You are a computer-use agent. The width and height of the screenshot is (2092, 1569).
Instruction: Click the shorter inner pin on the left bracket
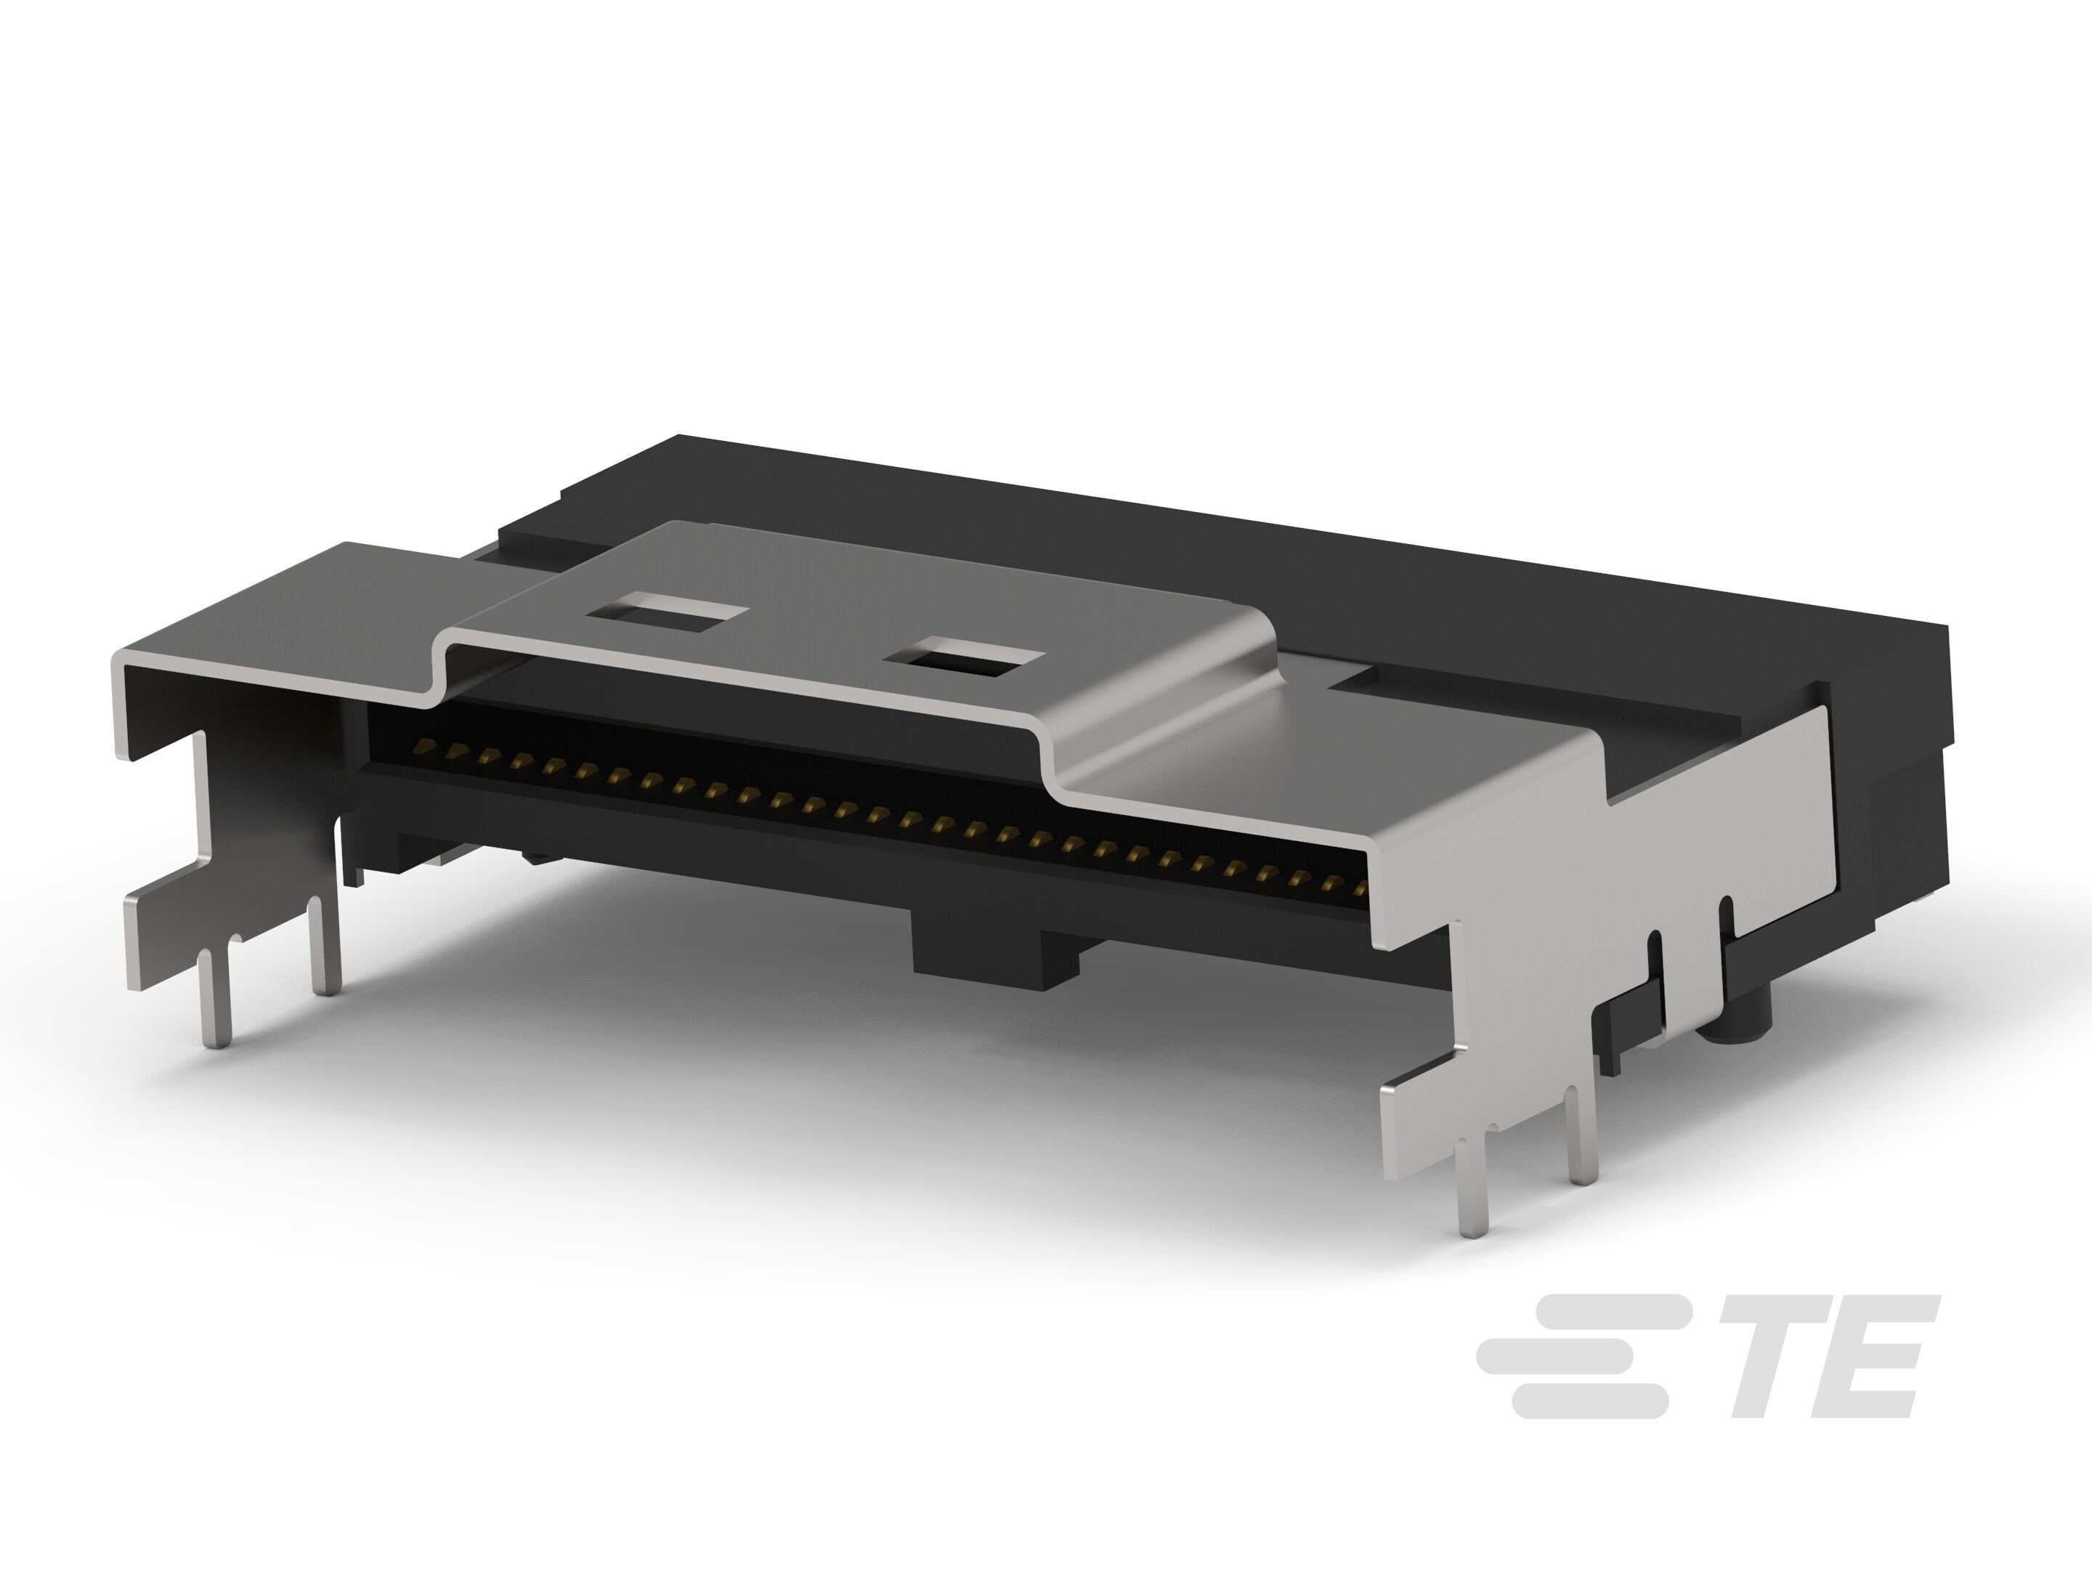(325, 946)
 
